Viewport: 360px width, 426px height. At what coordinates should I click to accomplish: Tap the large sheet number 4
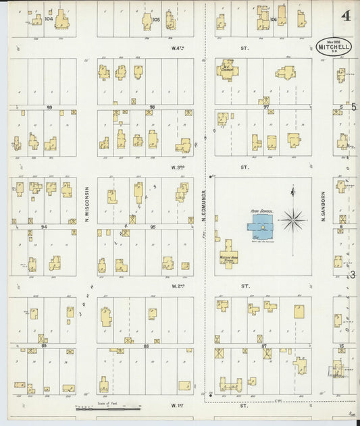point(345,16)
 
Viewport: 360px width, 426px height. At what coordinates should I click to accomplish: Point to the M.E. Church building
point(227,70)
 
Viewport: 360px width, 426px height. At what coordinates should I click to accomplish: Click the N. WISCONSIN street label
point(87,205)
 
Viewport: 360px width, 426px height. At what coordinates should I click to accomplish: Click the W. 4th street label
point(178,48)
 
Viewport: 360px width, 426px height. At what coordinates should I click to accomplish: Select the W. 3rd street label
point(178,167)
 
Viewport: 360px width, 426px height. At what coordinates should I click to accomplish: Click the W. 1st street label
point(178,405)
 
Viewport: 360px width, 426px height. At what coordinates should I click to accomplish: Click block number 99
point(49,107)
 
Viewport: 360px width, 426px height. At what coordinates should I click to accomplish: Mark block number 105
point(156,20)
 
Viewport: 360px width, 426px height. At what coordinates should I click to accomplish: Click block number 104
point(49,20)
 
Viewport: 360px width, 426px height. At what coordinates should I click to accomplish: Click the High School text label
point(261,211)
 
